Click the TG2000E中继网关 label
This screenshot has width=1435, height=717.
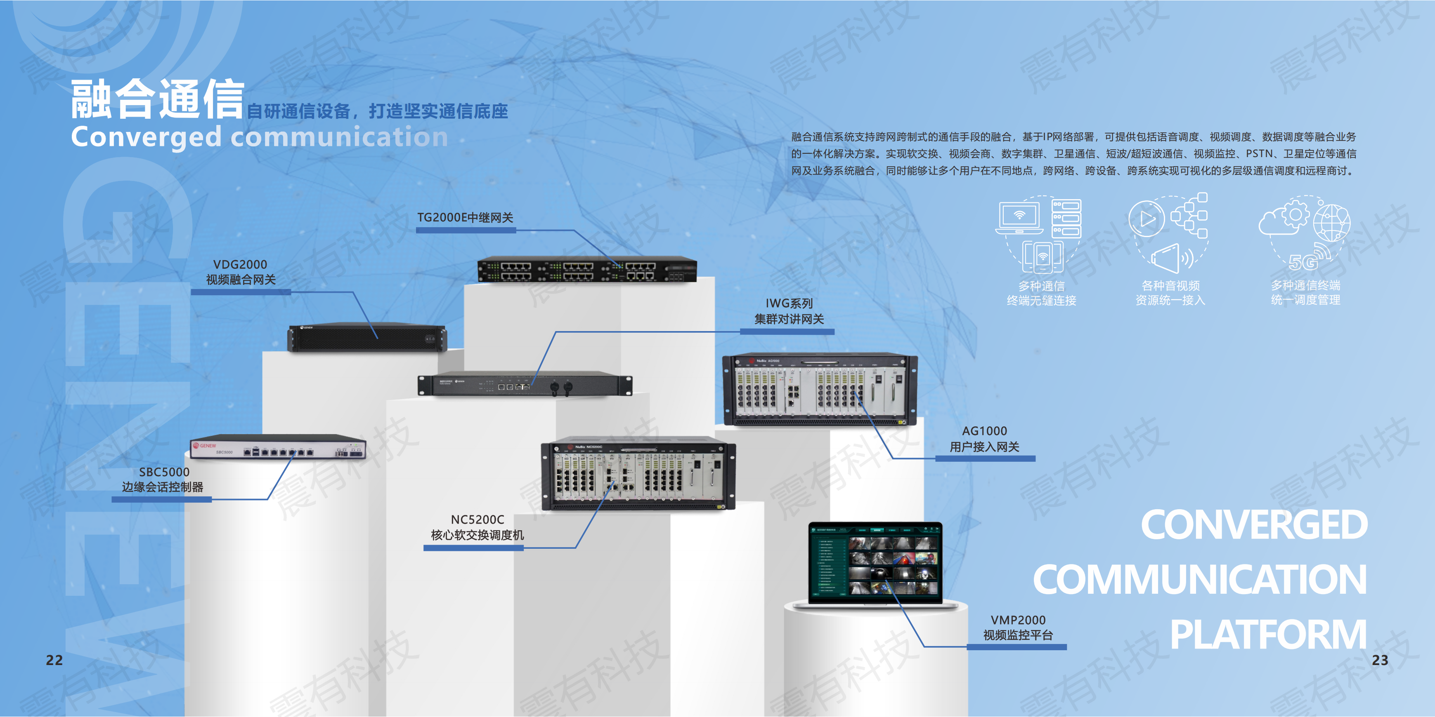point(465,218)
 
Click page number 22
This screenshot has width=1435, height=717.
point(54,660)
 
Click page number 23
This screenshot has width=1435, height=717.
point(1380,660)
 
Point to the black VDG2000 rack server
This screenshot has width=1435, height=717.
point(367,337)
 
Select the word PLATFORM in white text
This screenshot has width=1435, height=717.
point(1268,635)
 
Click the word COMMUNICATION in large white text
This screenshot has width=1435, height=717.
point(1200,580)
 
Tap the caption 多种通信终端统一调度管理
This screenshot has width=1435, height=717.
point(1305,293)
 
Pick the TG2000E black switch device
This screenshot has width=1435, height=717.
point(587,269)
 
